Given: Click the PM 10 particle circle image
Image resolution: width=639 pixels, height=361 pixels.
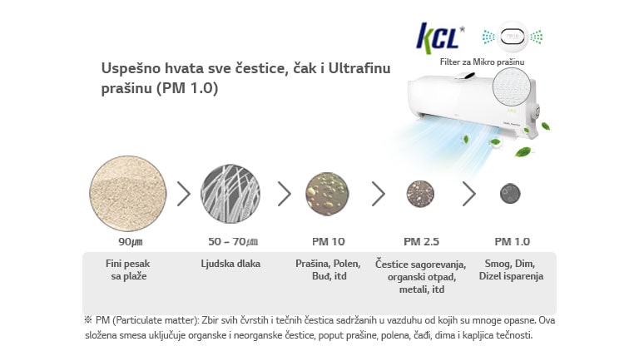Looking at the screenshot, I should [x=327, y=194].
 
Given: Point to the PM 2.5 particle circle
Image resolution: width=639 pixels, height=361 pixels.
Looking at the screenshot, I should [x=420, y=194].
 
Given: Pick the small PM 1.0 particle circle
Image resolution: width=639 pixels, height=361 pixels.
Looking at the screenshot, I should [x=511, y=194].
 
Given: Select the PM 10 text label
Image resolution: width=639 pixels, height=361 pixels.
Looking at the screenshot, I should [x=327, y=242].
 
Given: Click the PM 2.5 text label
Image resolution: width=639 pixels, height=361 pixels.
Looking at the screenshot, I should [x=421, y=242].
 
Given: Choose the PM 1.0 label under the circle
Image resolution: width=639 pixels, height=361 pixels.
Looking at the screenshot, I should [x=512, y=242].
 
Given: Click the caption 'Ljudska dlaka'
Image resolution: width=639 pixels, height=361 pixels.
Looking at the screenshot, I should [x=230, y=264].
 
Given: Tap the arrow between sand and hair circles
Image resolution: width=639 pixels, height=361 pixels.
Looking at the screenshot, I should [x=184, y=194].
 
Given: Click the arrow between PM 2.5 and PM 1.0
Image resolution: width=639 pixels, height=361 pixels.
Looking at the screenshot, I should [x=468, y=194].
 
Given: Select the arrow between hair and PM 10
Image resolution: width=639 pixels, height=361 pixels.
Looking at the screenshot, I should [x=285, y=194].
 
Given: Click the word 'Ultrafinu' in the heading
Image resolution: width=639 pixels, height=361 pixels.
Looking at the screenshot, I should [x=358, y=67].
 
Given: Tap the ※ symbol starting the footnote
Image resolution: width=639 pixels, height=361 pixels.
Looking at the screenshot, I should [x=87, y=319].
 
